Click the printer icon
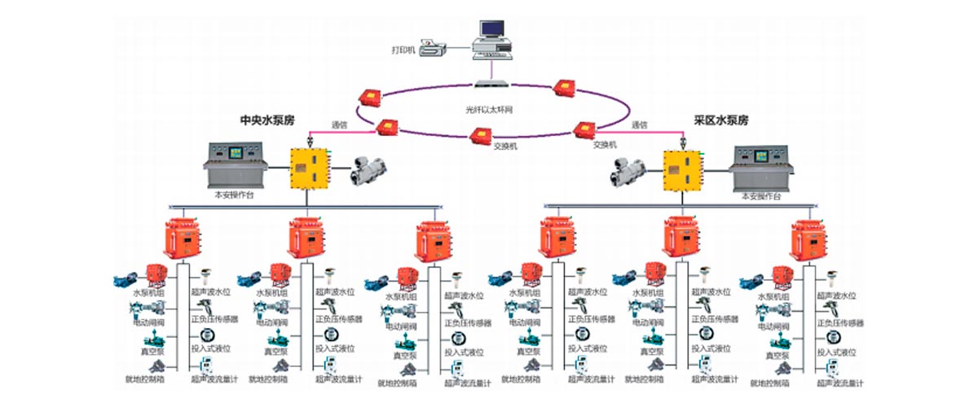434,46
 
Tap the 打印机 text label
403,50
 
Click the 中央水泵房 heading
267,119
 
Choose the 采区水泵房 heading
720,119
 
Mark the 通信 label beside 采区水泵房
639,125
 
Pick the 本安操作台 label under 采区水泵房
761,196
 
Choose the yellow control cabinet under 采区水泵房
681,169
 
